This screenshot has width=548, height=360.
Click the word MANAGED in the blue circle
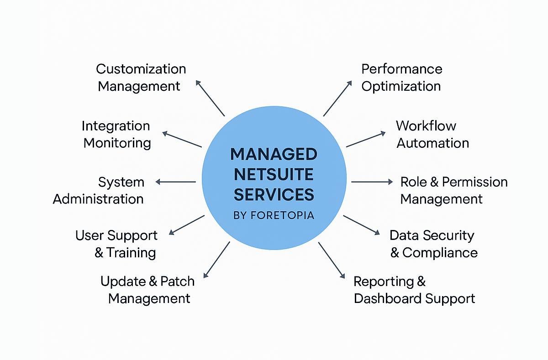tap(274, 154)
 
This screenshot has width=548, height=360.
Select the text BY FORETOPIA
tap(274, 215)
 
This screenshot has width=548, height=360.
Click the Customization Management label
tap(141, 78)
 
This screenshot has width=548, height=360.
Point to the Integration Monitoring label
tap(116, 134)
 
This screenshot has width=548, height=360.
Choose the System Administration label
tap(99, 190)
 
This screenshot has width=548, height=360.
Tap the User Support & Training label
tap(116, 244)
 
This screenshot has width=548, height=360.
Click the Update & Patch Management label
tap(148, 290)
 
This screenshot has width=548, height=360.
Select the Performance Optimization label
tap(401, 78)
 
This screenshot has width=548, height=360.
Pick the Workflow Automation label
tap(432, 134)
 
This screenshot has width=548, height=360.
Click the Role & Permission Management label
tap(453, 190)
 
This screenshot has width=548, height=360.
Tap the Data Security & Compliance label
tap(433, 244)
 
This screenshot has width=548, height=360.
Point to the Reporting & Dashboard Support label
tap(414, 290)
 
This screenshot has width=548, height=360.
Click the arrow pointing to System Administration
tap(176, 182)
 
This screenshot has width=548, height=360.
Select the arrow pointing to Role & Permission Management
tap(372, 182)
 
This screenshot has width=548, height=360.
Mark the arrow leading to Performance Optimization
tap(337, 99)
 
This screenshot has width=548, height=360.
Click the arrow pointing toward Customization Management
tap(210, 98)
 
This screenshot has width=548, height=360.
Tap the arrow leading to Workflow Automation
tap(366, 140)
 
